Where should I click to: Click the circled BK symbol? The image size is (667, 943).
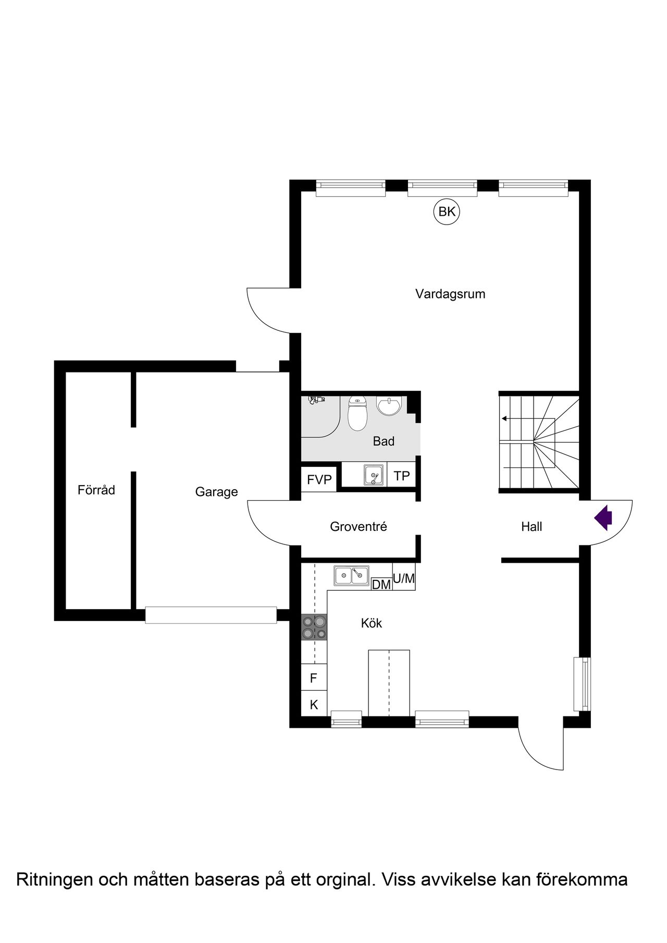click(x=447, y=212)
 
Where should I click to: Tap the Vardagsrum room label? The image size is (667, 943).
click(x=450, y=294)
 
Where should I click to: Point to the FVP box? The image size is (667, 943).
click(x=319, y=479)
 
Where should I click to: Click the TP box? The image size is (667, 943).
click(x=402, y=476)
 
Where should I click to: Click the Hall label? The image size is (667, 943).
click(x=532, y=527)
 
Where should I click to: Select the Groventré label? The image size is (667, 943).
click(x=359, y=527)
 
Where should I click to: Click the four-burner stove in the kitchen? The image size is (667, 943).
click(x=314, y=627)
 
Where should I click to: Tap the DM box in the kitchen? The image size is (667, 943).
click(x=381, y=585)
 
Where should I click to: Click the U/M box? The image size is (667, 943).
click(x=404, y=578)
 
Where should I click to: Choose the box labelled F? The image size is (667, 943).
click(x=314, y=678)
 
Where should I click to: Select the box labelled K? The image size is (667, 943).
click(x=314, y=704)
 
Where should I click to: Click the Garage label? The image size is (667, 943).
click(x=217, y=492)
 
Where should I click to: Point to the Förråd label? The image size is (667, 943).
click(x=96, y=490)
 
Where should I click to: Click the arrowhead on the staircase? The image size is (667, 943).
click(x=504, y=418)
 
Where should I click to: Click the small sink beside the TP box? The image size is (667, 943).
click(x=374, y=475)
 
